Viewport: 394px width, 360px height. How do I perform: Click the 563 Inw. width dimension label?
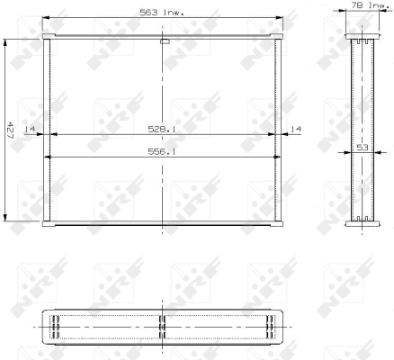coord(162,13)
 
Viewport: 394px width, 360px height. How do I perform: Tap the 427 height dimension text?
coord(10,130)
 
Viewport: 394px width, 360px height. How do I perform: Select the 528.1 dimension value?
coord(162,130)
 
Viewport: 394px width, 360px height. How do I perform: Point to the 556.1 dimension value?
coord(162,152)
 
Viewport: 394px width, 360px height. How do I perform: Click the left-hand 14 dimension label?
coord(30,130)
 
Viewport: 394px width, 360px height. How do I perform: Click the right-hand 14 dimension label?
coord(296,130)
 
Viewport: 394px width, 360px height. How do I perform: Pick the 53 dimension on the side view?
coord(363,148)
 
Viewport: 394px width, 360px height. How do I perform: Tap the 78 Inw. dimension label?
coord(370,5)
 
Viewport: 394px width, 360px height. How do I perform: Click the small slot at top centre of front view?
coord(165,41)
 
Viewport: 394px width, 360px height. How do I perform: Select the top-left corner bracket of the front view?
coord(49,36)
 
